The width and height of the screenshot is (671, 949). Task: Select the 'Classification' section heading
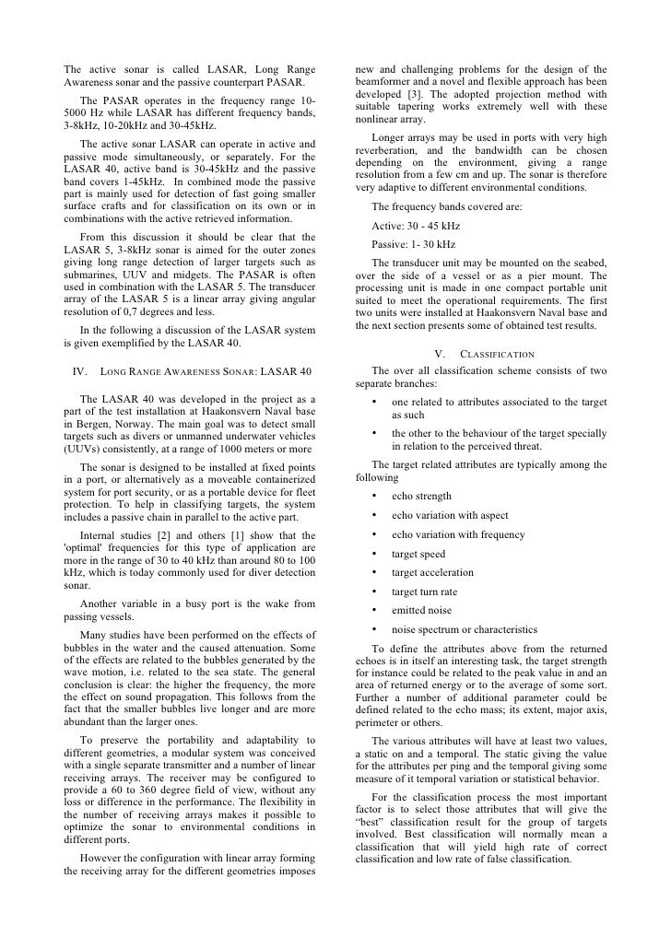[x=481, y=353]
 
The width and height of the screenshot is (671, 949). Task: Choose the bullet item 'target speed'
[x=418, y=554]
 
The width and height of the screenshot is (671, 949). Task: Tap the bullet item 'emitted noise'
[x=420, y=610]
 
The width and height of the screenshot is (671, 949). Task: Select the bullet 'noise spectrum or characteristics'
[x=464, y=629]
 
